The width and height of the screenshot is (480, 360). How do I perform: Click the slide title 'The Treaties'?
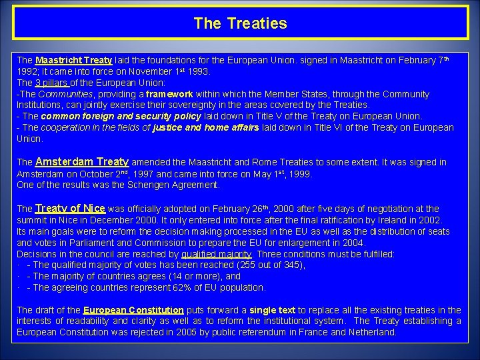(240, 23)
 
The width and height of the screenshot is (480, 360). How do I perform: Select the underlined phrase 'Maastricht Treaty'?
(73, 60)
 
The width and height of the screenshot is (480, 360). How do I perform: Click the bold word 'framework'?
(169, 95)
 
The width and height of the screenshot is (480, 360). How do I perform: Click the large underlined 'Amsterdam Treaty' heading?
(82, 162)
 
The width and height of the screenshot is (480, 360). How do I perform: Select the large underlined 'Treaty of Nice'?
(70, 209)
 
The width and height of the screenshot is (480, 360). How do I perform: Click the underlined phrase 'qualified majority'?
(216, 254)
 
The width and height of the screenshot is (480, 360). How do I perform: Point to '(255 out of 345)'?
(270, 265)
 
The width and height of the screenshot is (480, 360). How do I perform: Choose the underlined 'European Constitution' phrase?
(133, 310)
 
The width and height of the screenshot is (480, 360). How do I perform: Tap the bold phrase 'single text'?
(272, 310)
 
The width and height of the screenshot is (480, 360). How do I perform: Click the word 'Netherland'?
(371, 333)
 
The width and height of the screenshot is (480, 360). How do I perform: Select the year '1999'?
(298, 174)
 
